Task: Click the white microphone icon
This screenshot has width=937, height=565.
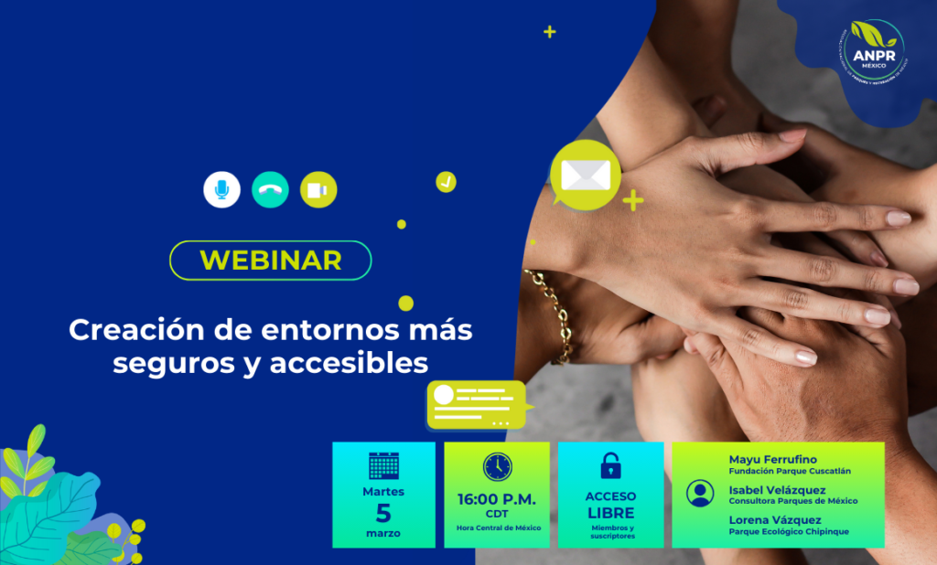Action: coord(221,189)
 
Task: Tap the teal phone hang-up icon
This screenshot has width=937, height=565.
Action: coord(270,189)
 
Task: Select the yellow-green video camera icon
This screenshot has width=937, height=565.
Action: coord(318,189)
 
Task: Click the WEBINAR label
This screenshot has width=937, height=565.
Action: coord(271,260)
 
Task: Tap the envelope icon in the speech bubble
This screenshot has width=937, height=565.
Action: coord(585,174)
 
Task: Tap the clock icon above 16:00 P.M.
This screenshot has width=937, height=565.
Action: coord(497,466)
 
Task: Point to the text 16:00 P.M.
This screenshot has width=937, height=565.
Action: coord(497,499)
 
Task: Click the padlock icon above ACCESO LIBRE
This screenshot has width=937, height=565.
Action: coord(610,466)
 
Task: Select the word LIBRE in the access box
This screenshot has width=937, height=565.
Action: coord(610,513)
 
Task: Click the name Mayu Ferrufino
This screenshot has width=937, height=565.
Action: coord(773,459)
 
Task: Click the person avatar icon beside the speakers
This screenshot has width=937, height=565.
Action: coord(700,494)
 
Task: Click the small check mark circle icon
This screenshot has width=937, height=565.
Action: coord(446,181)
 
